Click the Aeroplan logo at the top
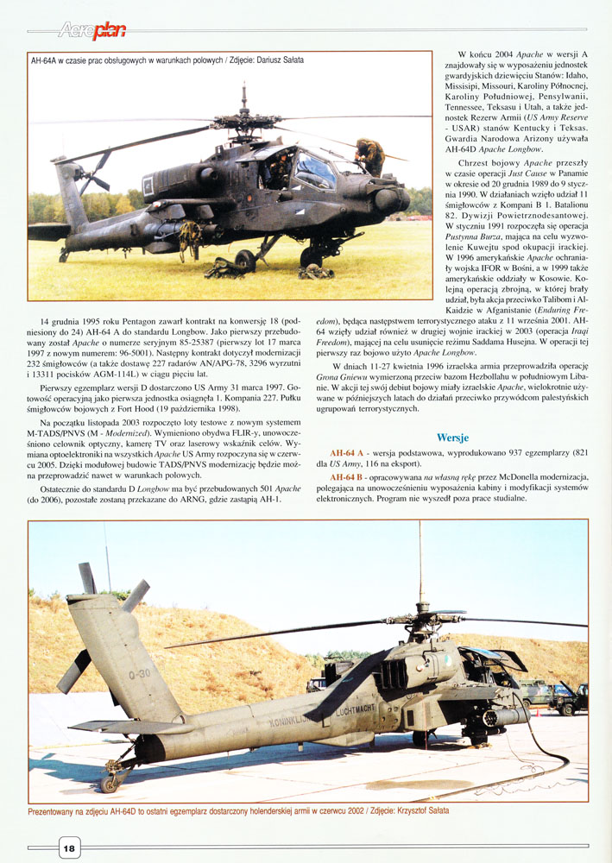[x=91, y=32]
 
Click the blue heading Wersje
[x=453, y=438]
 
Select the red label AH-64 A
[x=348, y=453]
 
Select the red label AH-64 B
[x=348, y=476]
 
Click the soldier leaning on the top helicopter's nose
[x=369, y=156]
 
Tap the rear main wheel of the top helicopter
[x=245, y=260]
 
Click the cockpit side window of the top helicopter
[x=313, y=170]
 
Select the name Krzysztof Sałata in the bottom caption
[x=418, y=811]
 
